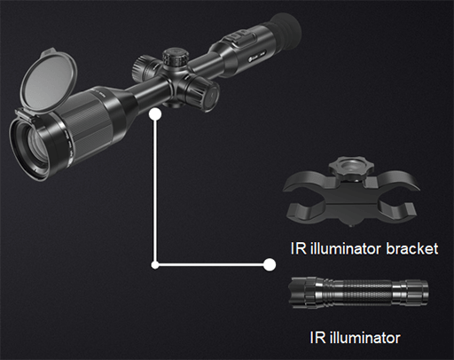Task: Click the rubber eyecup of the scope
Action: [x=286, y=29]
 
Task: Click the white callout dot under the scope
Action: [x=155, y=114]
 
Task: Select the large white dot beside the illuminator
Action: [x=270, y=264]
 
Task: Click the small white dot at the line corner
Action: [x=155, y=265]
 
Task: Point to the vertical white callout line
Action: [x=154, y=190]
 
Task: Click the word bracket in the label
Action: [x=412, y=248]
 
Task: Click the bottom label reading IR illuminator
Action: [x=355, y=338]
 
